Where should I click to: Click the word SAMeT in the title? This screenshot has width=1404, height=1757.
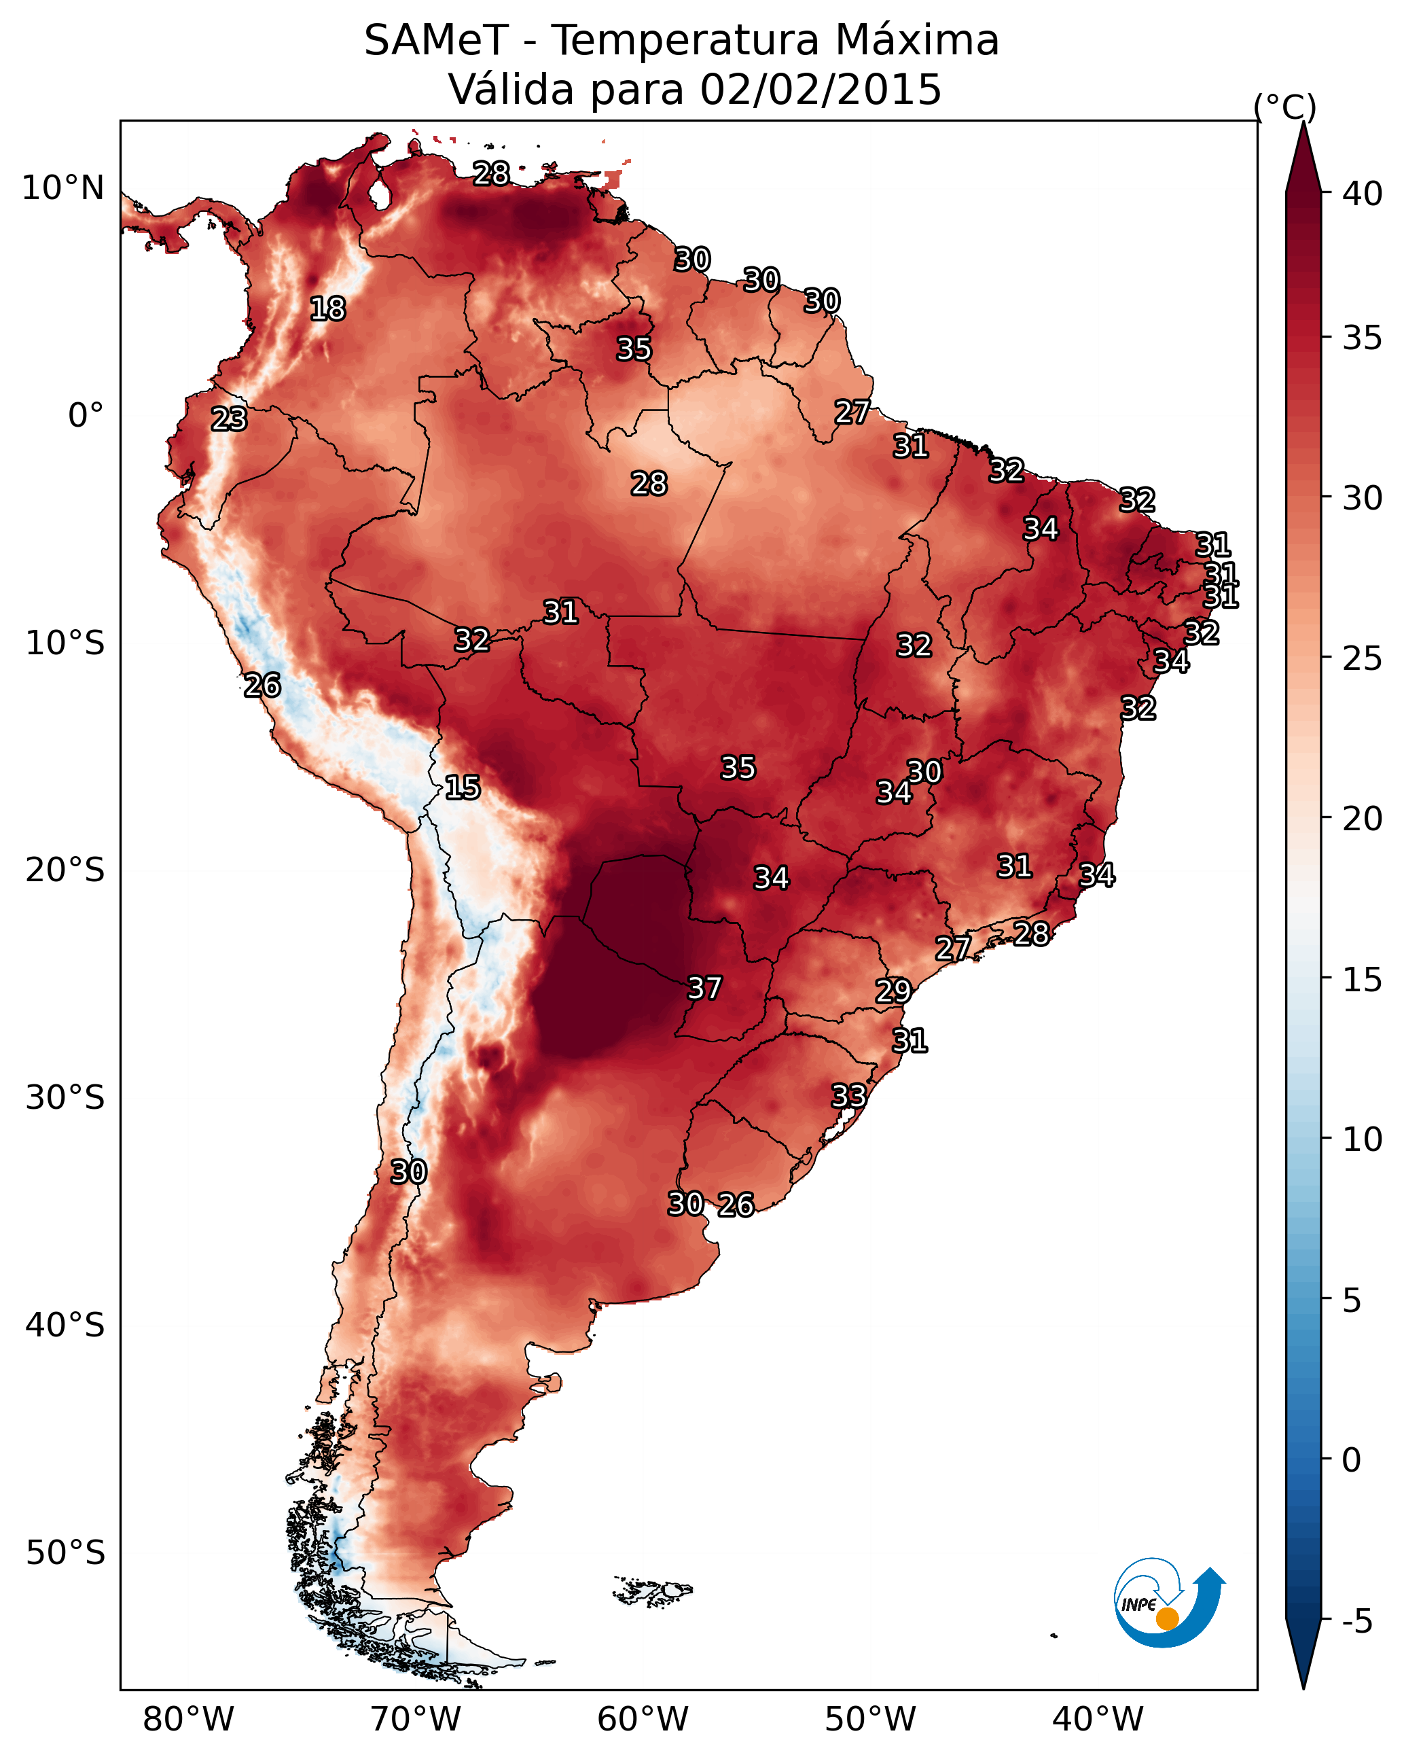[436, 40]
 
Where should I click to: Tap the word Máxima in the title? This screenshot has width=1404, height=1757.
[917, 40]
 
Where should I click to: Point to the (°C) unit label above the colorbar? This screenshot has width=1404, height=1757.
[1285, 107]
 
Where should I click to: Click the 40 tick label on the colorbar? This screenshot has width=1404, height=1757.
[1363, 194]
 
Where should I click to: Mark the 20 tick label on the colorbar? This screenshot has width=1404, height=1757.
[1363, 818]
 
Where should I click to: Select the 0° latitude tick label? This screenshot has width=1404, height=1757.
[86, 416]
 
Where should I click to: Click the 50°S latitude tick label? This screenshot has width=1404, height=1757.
[65, 1552]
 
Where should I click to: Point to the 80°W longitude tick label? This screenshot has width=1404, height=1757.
[188, 1719]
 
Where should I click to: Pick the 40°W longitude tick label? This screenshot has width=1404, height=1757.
[1098, 1719]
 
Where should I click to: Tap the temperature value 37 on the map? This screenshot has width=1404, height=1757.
[705, 989]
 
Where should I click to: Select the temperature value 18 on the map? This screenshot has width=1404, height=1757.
[328, 309]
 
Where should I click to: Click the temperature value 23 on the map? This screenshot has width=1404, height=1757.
[229, 419]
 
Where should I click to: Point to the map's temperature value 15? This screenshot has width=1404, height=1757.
[463, 787]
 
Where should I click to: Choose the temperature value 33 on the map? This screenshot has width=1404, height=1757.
[848, 1095]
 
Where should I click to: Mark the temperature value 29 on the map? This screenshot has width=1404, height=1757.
[893, 991]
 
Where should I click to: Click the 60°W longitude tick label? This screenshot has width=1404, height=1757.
[643, 1719]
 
